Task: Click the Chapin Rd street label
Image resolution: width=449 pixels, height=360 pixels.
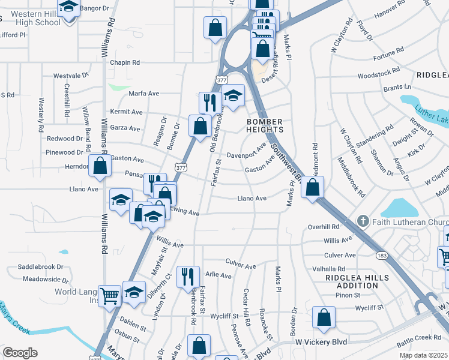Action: [124, 62]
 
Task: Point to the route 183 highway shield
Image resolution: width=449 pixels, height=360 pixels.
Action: [382, 256]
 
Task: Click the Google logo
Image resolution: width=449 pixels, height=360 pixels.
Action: [20, 353]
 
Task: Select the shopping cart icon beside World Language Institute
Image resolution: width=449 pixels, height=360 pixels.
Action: [109, 295]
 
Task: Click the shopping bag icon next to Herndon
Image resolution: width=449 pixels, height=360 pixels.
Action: [100, 166]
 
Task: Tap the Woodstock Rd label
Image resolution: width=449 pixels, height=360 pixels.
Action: [379, 76]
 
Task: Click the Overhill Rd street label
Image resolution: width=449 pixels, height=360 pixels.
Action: [324, 227]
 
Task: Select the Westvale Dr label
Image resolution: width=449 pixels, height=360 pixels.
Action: [71, 76]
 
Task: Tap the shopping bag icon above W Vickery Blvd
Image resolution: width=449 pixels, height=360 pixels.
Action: [324, 319]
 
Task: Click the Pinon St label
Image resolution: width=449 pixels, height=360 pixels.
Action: [348, 295]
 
